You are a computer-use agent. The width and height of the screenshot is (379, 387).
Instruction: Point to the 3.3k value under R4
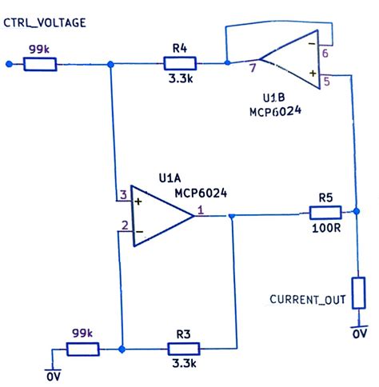pos(178,80)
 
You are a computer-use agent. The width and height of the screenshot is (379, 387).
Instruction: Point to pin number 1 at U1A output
pos(200,210)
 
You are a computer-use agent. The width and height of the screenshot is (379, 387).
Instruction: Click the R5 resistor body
pos(325,213)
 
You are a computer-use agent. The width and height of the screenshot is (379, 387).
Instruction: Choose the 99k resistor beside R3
pos(82,349)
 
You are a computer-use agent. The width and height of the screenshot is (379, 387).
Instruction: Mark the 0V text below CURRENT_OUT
pos(359,333)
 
